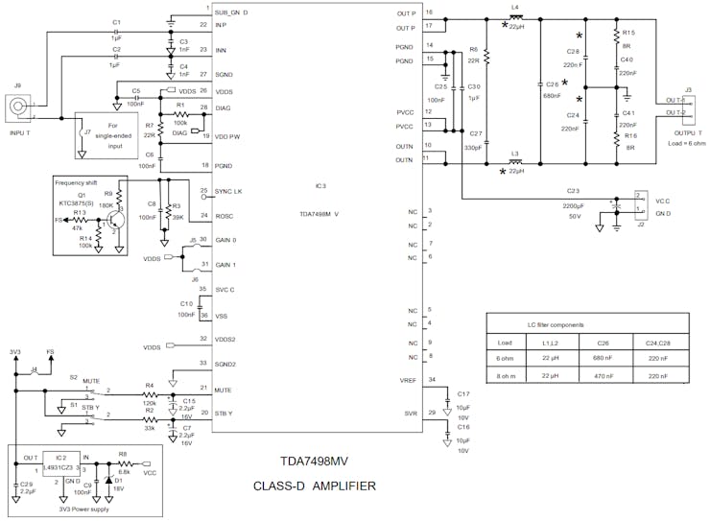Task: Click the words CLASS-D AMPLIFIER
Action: [315, 486]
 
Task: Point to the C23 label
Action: [573, 192]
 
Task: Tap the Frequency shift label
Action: [80, 181]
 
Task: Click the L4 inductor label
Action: [515, 8]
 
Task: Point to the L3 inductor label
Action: [515, 154]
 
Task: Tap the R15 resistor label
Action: [629, 33]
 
